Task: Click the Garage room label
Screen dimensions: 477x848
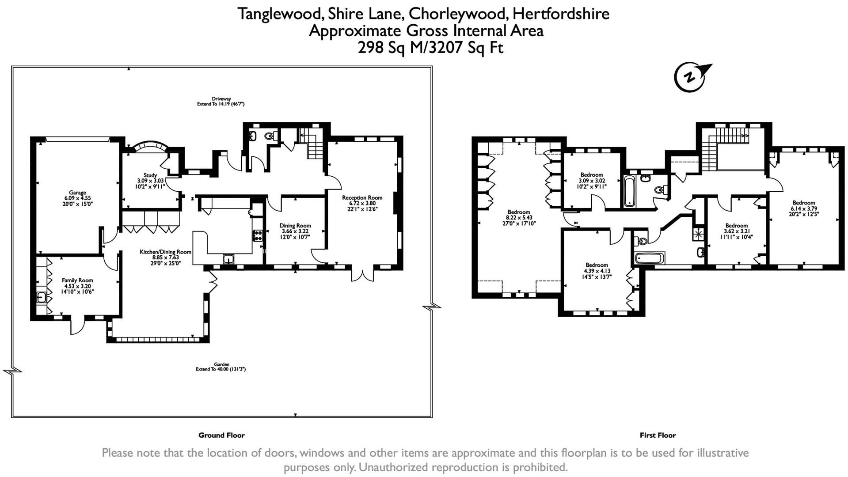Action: coord(77,193)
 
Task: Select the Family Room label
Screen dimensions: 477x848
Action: coord(77,280)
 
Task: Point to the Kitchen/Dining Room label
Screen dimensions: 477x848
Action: coord(165,252)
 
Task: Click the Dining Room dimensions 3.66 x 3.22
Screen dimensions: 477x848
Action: coord(295,231)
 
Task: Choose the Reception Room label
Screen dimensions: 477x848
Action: coord(362,198)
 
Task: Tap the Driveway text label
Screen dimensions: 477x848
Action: coord(221,99)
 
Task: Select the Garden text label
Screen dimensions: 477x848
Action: coord(221,364)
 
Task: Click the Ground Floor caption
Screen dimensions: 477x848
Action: coord(221,435)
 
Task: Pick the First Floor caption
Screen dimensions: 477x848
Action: coord(658,435)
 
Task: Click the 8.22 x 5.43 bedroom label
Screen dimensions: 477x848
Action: coord(518,212)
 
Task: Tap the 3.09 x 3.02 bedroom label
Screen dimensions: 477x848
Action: coord(592,175)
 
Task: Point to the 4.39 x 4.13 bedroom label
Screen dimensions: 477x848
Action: coord(597,265)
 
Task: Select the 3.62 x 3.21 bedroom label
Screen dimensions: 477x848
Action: coord(736,226)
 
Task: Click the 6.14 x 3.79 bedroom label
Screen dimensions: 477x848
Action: coord(803,203)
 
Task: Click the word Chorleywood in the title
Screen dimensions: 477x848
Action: coord(458,14)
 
